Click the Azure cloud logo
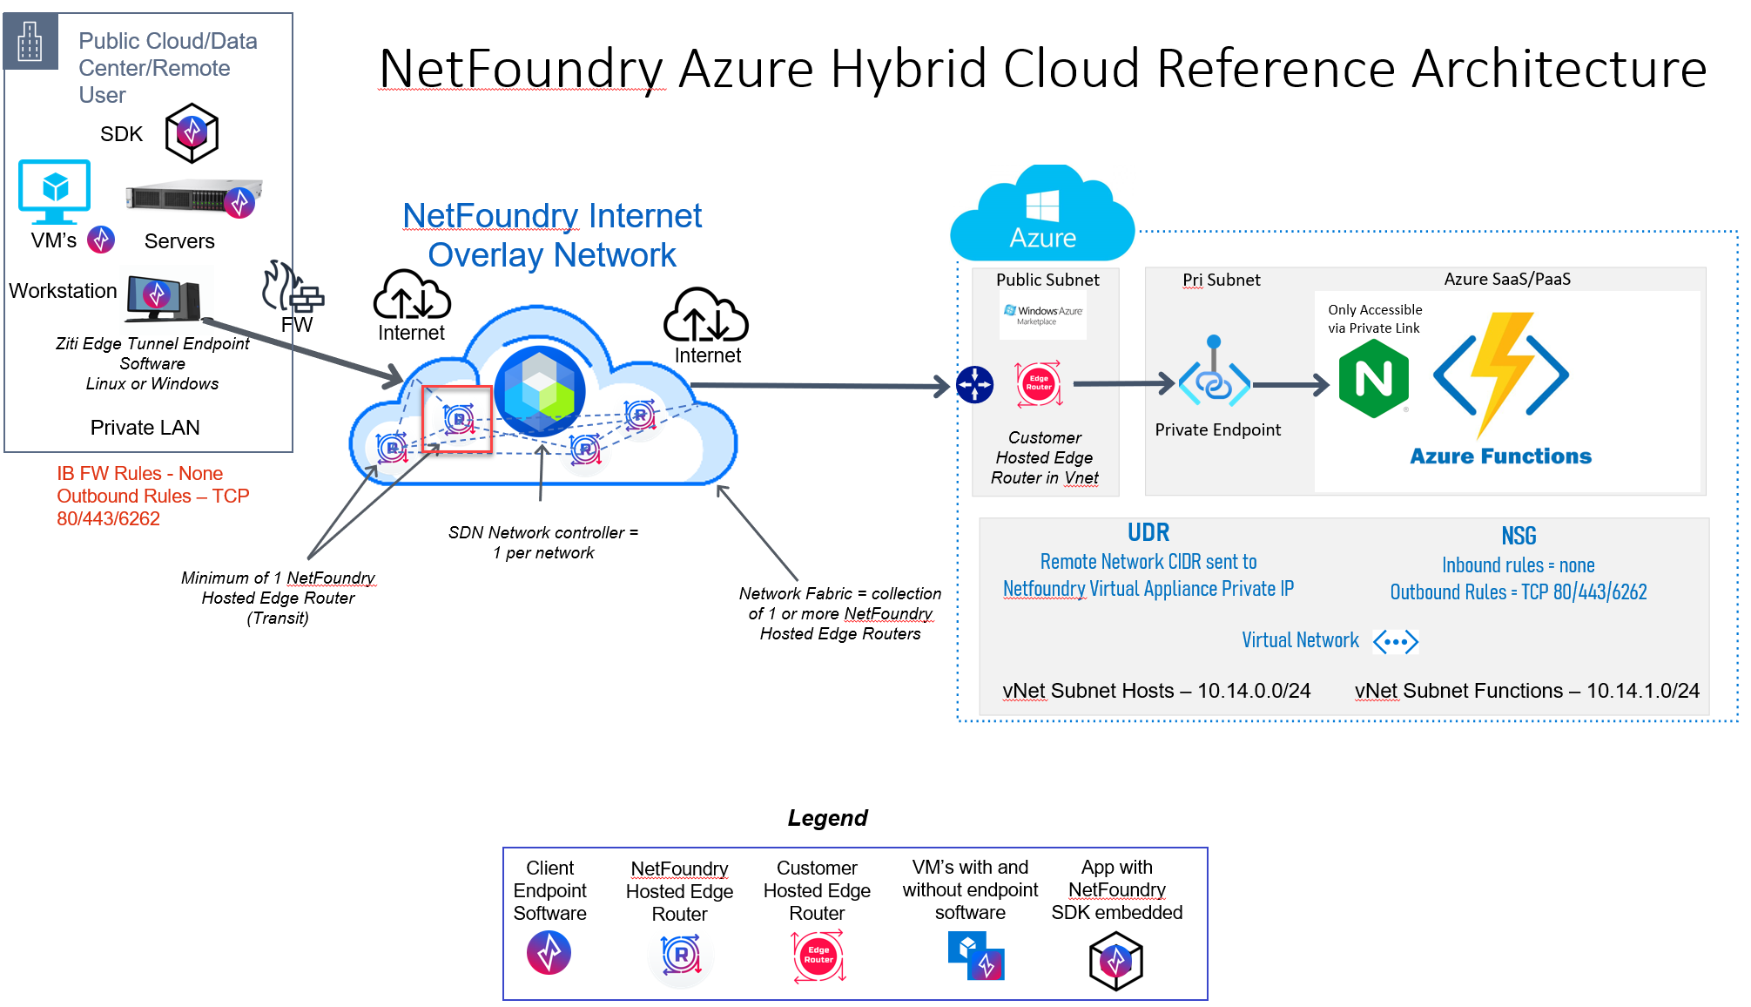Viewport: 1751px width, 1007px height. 1042,213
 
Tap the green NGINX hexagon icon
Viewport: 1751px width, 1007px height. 1373,378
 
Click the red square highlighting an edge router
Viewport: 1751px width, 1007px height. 457,419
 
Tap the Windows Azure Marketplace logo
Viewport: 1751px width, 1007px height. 1043,314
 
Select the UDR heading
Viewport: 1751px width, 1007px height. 1148,532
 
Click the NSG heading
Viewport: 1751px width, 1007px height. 1519,536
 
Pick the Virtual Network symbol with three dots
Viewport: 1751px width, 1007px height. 1396,642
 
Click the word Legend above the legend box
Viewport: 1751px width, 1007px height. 827,818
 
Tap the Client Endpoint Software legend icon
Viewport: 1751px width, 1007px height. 549,952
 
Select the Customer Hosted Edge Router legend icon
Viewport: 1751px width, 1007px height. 818,956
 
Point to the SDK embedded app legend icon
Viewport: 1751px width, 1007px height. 1115,961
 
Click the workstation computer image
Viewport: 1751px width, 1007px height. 165,296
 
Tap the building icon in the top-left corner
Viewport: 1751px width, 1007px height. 30,41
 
